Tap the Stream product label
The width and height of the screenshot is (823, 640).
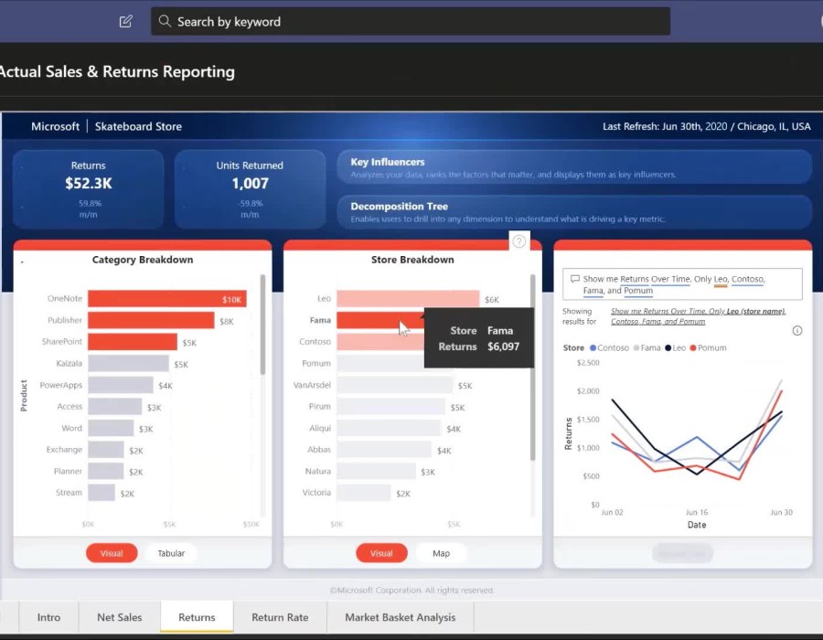[x=69, y=493]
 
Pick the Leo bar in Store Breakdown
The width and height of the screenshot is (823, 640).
[x=407, y=299]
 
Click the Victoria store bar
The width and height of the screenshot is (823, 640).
[x=364, y=493]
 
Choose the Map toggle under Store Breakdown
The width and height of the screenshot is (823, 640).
[x=441, y=553]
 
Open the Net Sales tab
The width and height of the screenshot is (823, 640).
[x=120, y=617]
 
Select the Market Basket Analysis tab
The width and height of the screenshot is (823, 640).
[x=400, y=617]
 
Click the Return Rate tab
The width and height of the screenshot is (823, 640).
[x=280, y=617]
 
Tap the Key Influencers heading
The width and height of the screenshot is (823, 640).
[x=387, y=162]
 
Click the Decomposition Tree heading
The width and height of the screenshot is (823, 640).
[x=399, y=207]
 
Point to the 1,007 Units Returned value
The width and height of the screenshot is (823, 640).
[x=250, y=184]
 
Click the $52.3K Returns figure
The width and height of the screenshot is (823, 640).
[x=89, y=184]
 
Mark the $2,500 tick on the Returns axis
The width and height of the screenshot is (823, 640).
[x=589, y=363]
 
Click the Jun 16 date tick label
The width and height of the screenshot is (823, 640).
[x=697, y=513]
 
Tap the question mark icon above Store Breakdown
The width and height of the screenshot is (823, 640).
[x=519, y=241]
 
